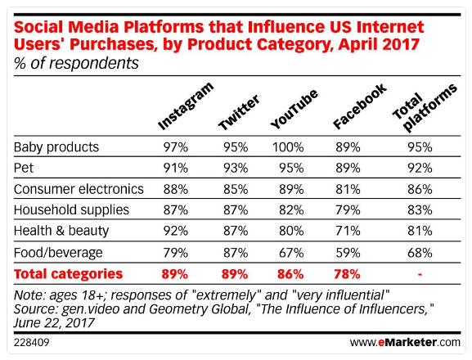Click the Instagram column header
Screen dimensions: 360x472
(186, 107)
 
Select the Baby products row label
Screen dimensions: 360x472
(56, 147)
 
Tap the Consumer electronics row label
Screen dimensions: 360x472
(79, 190)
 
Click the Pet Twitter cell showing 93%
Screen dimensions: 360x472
(235, 169)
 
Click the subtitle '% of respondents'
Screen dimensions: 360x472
(76, 62)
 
